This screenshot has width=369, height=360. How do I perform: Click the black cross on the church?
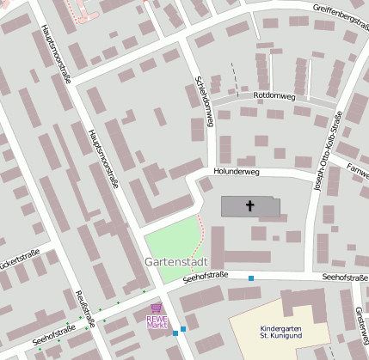click(251, 206)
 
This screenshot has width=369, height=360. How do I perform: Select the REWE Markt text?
click(156, 321)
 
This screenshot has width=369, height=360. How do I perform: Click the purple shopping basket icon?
click(156, 307)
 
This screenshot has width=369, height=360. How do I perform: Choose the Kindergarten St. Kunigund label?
click(282, 333)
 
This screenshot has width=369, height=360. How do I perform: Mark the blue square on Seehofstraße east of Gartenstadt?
click(251, 278)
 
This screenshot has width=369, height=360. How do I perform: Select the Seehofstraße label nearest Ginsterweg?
click(344, 278)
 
